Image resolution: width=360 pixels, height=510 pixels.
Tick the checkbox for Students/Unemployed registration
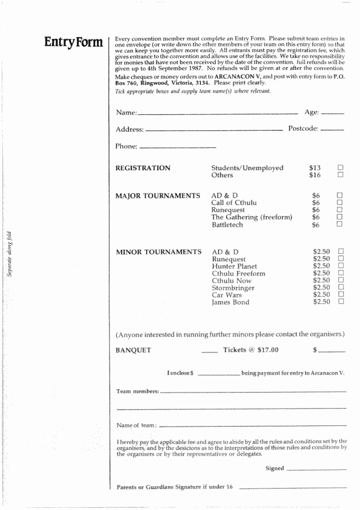(341, 167)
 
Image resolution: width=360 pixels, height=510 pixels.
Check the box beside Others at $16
(341, 175)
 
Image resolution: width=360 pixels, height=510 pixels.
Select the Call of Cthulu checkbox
(341, 203)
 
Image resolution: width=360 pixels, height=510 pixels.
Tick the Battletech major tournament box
(341, 225)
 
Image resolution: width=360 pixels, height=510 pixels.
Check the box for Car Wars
(341, 295)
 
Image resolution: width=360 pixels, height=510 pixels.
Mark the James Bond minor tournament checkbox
(341, 302)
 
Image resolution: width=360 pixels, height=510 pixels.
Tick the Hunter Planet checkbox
(341, 266)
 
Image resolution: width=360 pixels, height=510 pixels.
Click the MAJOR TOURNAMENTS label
(157, 196)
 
